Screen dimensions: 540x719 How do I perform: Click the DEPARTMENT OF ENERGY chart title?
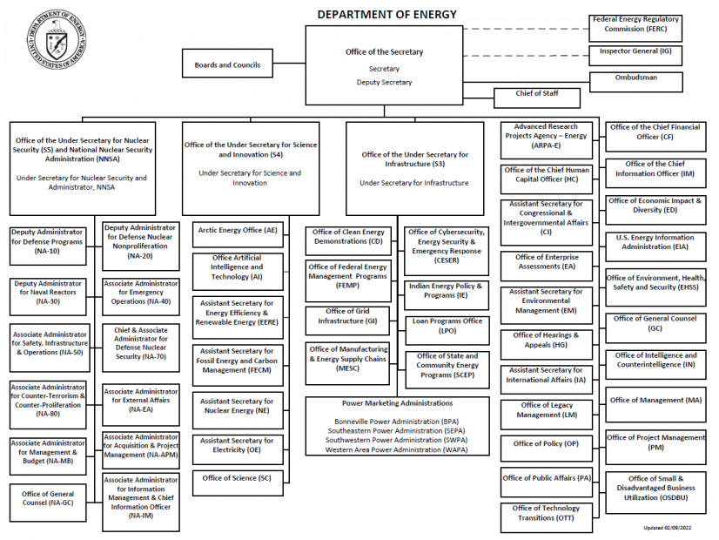pos(386,14)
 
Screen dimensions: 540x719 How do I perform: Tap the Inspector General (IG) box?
pos(635,52)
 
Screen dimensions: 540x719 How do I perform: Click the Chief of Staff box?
pos(537,94)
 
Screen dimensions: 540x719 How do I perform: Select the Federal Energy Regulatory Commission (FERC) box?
pos(635,24)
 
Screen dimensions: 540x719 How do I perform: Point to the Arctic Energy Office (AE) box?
pos(238,231)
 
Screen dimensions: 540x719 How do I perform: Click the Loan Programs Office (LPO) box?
pos(447,326)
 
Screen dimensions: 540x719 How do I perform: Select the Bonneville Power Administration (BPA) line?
pos(396,421)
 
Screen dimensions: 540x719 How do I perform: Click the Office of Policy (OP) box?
pos(546,443)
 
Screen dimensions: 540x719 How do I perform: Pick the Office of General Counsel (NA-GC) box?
pos(48,498)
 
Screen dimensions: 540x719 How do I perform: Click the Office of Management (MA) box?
pos(655,401)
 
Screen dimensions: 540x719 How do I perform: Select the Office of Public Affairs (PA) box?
pos(546,478)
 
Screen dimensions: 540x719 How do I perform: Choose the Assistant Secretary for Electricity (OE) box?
pos(238,445)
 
